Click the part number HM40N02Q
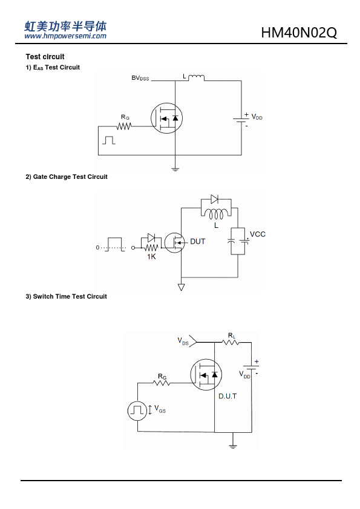[x=299, y=33]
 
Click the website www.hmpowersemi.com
[x=65, y=36]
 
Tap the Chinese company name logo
[x=65, y=26]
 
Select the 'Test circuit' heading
[x=45, y=57]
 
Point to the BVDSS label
[x=140, y=78]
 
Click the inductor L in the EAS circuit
[x=196, y=77]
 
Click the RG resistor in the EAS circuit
[x=124, y=126]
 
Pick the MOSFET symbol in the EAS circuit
[x=166, y=118]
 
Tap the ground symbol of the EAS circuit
[x=175, y=169]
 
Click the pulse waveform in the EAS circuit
[x=109, y=140]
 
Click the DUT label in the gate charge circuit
[x=197, y=242]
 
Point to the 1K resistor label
[x=151, y=257]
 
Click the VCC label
[x=258, y=235]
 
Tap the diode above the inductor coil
[x=214, y=199]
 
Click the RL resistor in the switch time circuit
[x=231, y=342]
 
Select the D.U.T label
[x=227, y=396]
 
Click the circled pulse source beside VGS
[x=137, y=410]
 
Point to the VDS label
[x=183, y=341]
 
